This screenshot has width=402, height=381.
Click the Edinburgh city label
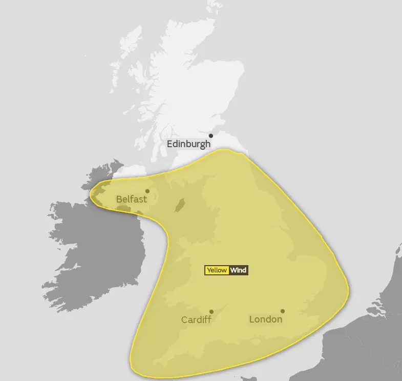[x=188, y=144]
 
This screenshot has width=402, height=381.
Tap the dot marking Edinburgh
[x=210, y=136]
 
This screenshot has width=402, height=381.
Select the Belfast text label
[x=131, y=199]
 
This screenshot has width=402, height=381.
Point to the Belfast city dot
[x=147, y=191]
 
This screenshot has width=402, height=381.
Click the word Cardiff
[x=196, y=319]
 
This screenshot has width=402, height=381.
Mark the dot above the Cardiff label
[x=211, y=311]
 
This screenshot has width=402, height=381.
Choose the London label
[x=265, y=319]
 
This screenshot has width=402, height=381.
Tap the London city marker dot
[x=282, y=311]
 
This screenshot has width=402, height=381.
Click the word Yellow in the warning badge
[x=216, y=270]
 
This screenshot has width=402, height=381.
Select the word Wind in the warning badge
[x=238, y=270]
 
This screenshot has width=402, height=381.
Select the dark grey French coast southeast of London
[x=358, y=349]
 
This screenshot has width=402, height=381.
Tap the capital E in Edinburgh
[x=170, y=144]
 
